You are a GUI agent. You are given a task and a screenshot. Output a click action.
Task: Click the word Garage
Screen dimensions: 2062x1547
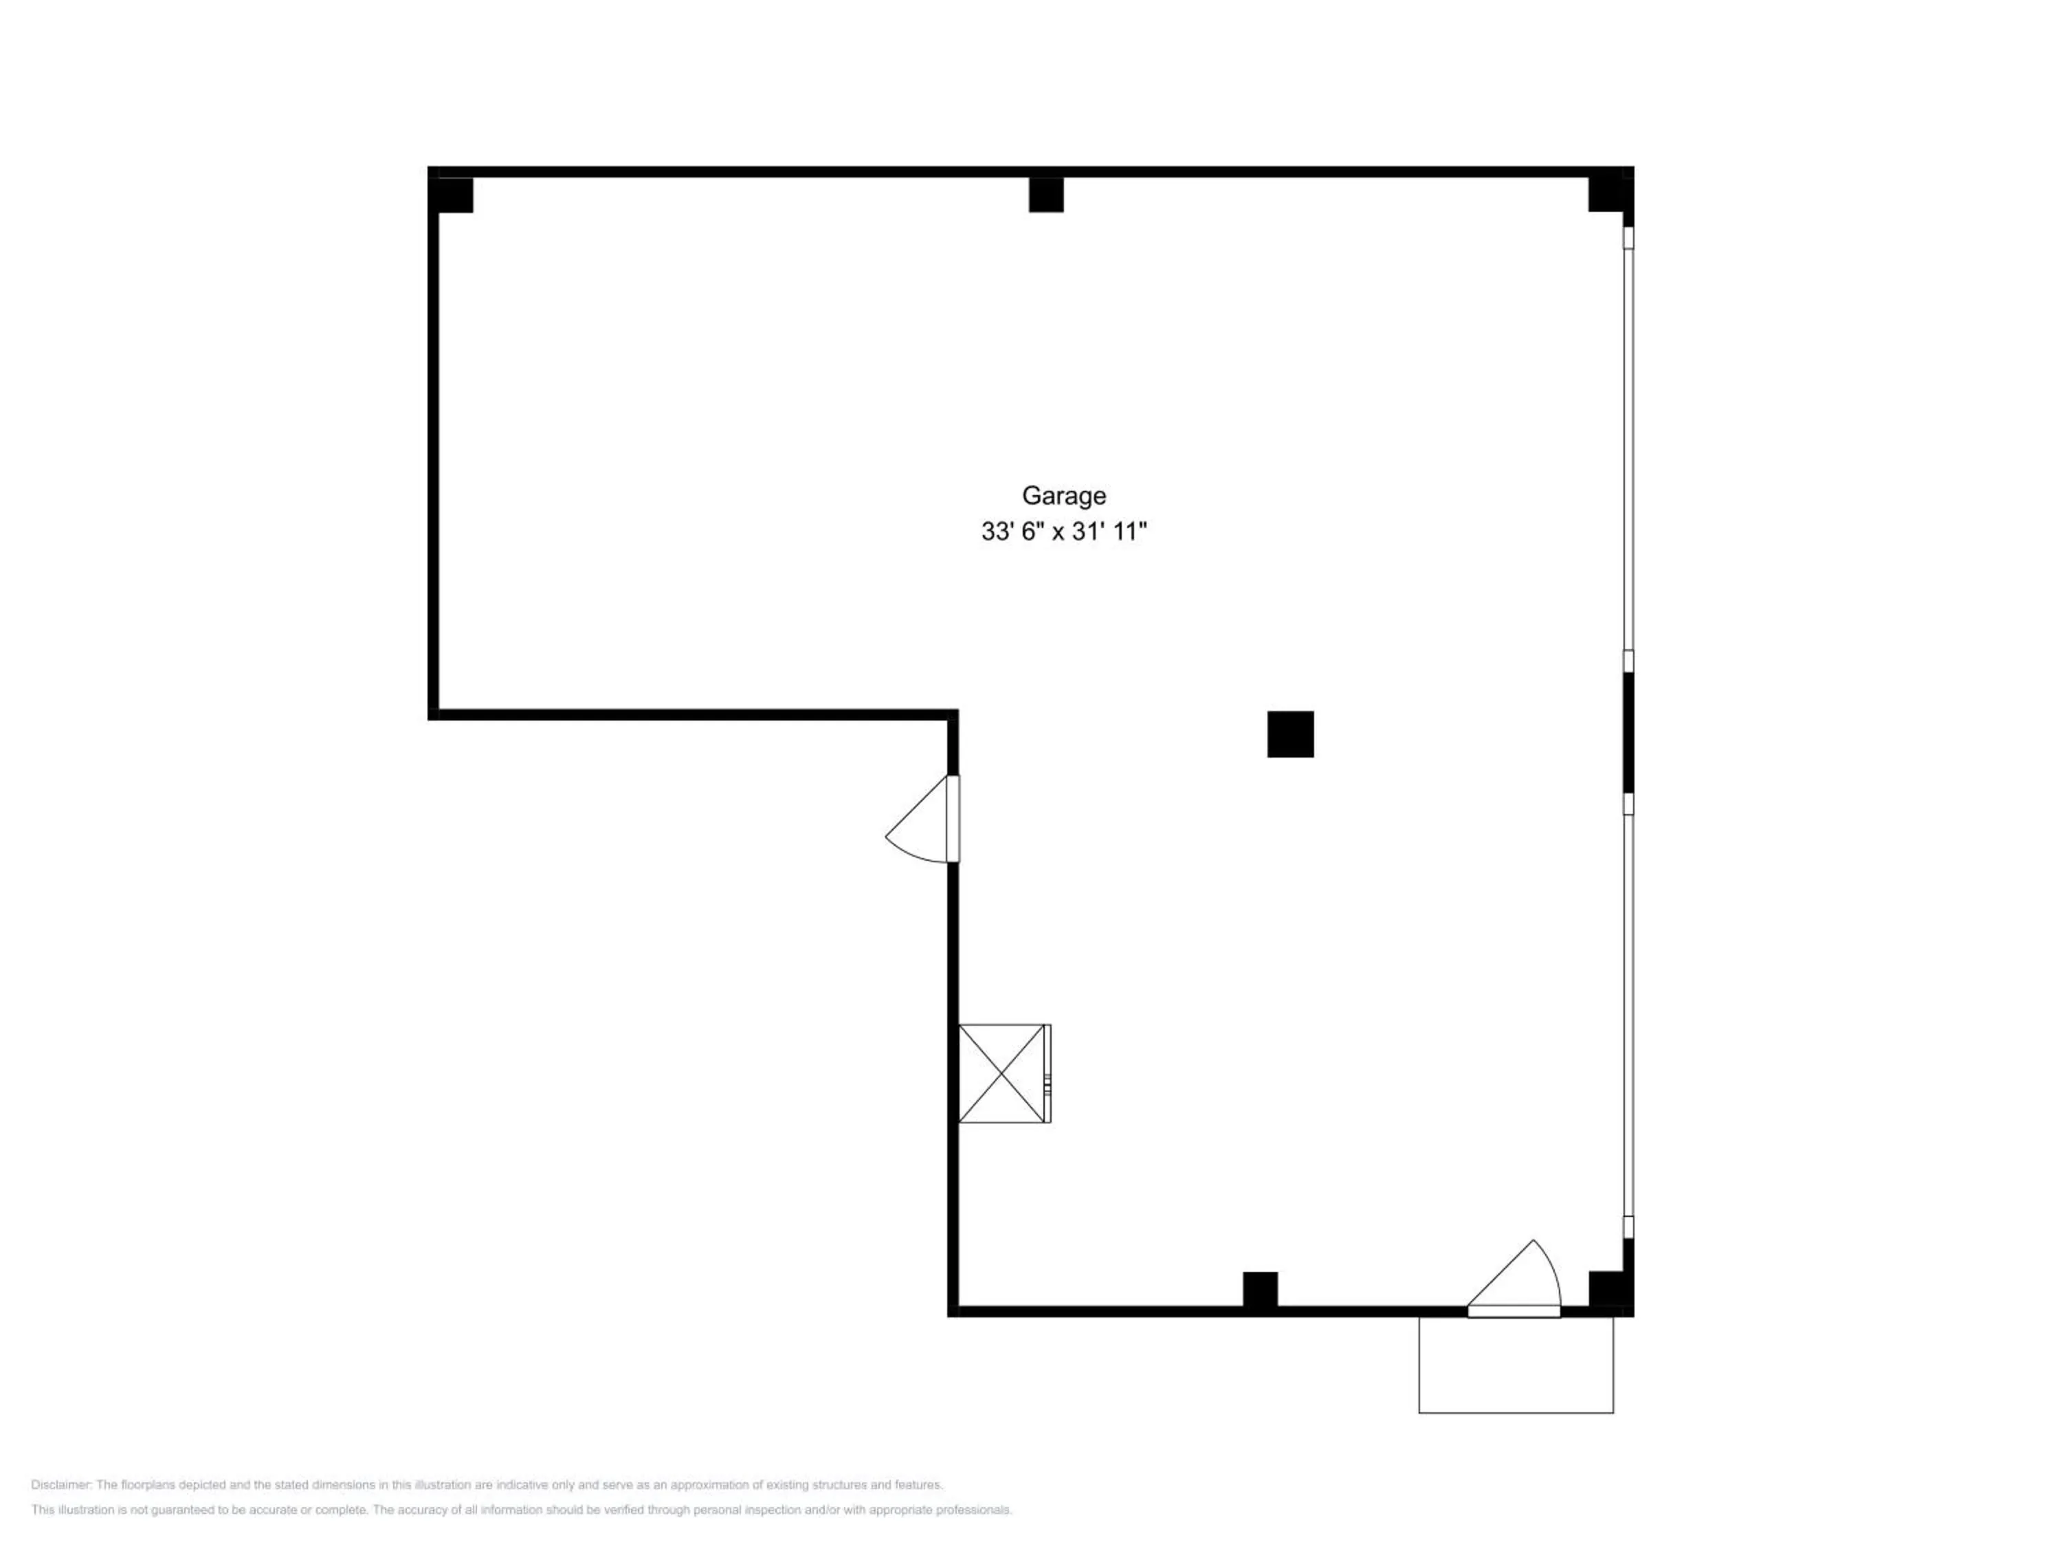(1063, 495)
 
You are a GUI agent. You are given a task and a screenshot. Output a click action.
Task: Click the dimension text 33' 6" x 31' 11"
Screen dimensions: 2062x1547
(1063, 531)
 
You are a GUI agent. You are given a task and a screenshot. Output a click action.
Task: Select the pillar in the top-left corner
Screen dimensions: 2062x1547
(452, 195)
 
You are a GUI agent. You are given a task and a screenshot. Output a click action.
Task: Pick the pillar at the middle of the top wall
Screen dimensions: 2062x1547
(1046, 195)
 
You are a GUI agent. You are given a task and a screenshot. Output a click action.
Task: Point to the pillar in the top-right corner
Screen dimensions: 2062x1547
(1608, 195)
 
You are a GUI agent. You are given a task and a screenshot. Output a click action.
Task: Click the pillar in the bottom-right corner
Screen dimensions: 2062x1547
(1608, 1290)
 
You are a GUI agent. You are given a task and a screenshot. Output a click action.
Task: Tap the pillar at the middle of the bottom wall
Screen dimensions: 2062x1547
(1261, 1290)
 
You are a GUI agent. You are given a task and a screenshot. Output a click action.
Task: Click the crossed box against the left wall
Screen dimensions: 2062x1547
(1001, 1073)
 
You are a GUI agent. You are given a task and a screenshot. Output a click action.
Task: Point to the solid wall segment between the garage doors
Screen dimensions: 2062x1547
(1628, 733)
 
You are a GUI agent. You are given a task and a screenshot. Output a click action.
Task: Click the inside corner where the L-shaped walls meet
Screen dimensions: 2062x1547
(953, 714)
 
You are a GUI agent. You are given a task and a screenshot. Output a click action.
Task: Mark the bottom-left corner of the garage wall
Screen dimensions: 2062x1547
(953, 1311)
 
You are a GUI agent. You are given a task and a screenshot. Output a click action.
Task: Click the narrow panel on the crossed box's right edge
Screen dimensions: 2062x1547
(1047, 1073)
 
